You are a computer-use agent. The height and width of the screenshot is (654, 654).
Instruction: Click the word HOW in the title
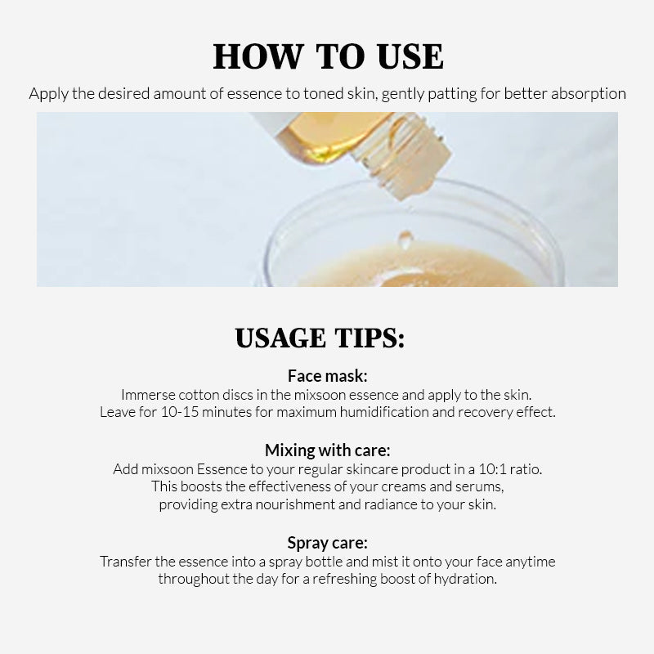click(258, 56)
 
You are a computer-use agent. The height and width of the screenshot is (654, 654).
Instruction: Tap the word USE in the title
click(410, 56)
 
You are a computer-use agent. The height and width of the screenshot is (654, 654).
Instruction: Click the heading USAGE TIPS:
click(320, 338)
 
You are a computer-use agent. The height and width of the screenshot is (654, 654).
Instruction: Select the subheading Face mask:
click(328, 376)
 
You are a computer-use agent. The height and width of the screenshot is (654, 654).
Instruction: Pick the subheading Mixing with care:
click(328, 450)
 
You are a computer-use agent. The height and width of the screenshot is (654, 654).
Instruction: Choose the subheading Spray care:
click(328, 543)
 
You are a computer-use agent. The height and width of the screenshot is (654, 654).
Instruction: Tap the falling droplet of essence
click(405, 238)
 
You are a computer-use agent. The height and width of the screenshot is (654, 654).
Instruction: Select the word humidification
click(384, 412)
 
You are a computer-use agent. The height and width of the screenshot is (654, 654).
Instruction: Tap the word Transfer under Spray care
click(126, 562)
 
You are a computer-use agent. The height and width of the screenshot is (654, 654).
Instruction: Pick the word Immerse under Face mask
click(148, 395)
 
